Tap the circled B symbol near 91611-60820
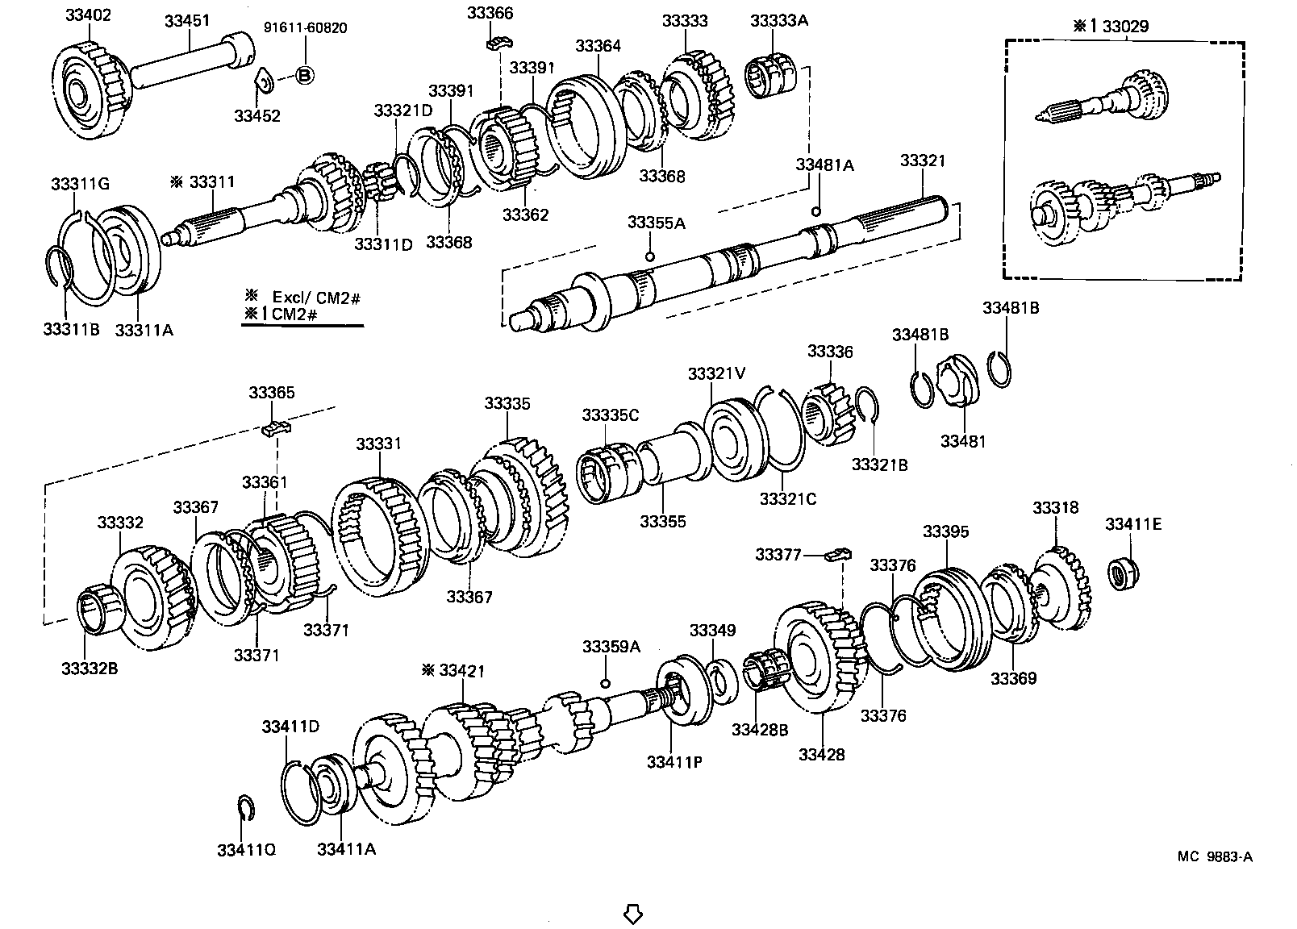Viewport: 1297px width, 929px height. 305,75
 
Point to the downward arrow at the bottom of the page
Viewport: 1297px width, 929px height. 633,914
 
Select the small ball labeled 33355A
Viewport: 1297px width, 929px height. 649,256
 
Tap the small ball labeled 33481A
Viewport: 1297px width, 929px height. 815,211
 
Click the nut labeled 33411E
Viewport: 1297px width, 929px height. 1120,574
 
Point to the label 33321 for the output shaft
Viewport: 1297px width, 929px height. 923,161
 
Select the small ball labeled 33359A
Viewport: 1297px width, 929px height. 605,683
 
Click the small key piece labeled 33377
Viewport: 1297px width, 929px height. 840,554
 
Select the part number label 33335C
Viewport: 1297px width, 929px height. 611,415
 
